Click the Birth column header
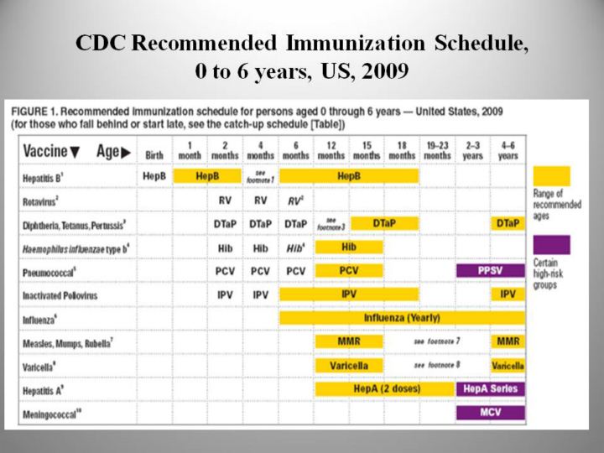pyautogui.click(x=154, y=154)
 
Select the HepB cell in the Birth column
pyautogui.click(x=154, y=177)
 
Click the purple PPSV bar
pyautogui.click(x=491, y=271)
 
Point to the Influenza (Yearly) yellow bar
pyautogui.click(x=402, y=318)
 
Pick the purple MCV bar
pyautogui.click(x=491, y=413)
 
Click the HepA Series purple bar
pyautogui.click(x=491, y=389)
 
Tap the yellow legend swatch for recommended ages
pyautogui.click(x=551, y=176)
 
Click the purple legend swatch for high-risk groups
pyautogui.click(x=551, y=245)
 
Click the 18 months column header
pyautogui.click(x=402, y=151)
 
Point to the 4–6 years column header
pyautogui.click(x=508, y=151)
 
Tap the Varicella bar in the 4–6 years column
pyautogui.click(x=508, y=366)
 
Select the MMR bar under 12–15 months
pyautogui.click(x=349, y=342)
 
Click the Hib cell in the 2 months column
pyautogui.click(x=225, y=248)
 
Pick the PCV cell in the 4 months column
pyautogui.click(x=260, y=271)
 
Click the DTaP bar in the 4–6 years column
pyautogui.click(x=508, y=224)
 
